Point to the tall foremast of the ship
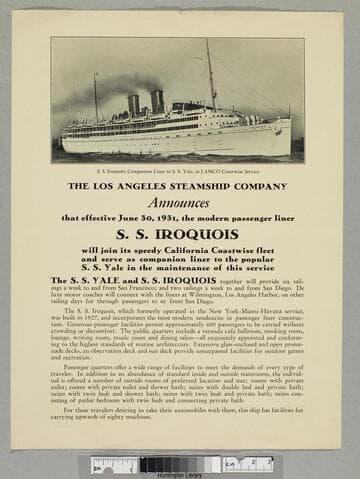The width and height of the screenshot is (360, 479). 211,75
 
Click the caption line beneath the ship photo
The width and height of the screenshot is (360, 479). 179,172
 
